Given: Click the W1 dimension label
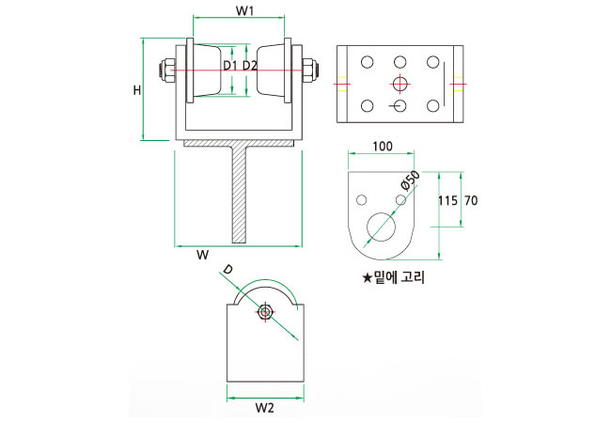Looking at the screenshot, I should tap(245, 10).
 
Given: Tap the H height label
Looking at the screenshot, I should tap(136, 91).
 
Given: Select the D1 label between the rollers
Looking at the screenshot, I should tap(230, 66).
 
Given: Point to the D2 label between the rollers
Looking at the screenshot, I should tap(250, 66).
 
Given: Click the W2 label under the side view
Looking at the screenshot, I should tap(264, 408).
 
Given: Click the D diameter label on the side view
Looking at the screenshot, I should tap(226, 271).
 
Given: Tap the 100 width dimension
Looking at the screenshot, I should tap(383, 148).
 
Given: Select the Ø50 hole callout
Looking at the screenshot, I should tap(409, 180).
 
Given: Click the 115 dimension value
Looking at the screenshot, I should tap(447, 200).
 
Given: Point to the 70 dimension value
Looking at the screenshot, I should tap(472, 200).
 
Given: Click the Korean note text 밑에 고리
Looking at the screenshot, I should tap(399, 277).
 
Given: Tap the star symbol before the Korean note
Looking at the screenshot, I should tap(367, 277).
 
